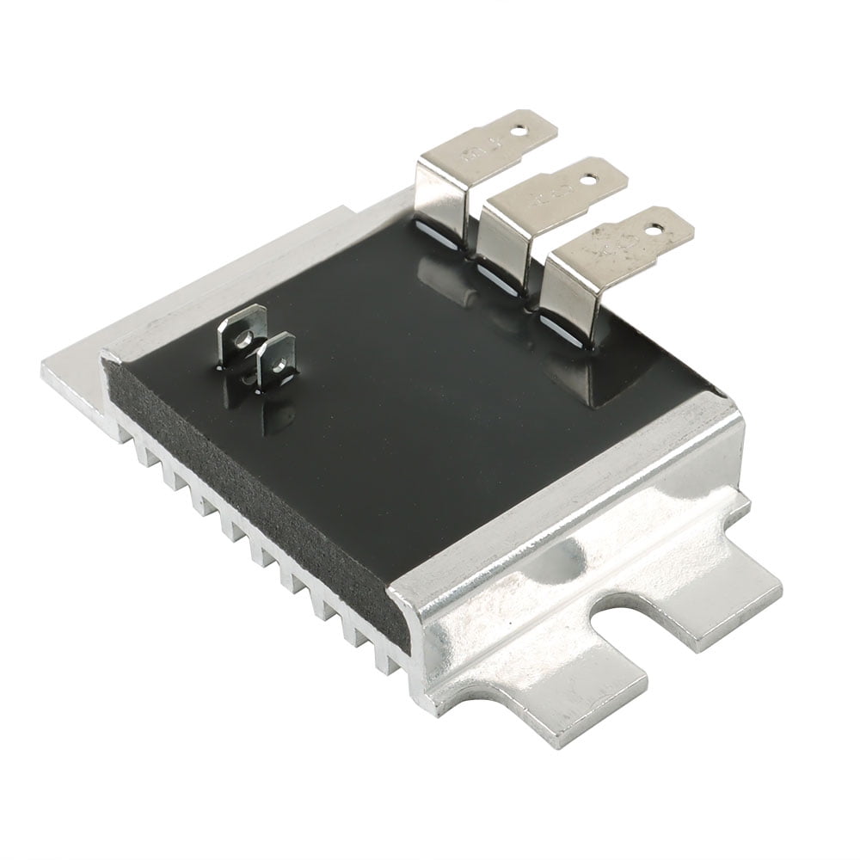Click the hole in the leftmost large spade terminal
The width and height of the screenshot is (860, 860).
coord(519,132)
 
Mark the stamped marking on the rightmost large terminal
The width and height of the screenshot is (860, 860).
coord(612,249)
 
